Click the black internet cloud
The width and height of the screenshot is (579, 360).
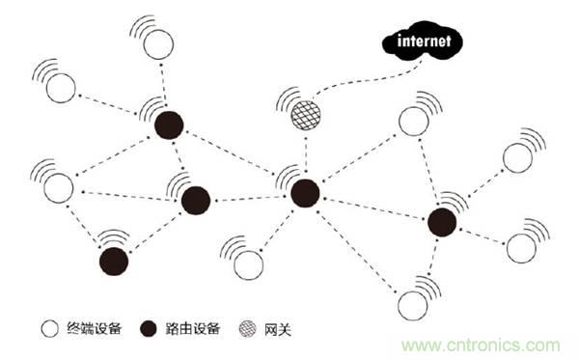pyautogui.click(x=422, y=41)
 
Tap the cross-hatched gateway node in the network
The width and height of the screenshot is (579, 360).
pyautogui.click(x=306, y=116)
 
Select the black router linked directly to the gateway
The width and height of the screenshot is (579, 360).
pyautogui.click(x=305, y=193)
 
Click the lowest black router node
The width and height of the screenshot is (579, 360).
pyautogui.click(x=114, y=262)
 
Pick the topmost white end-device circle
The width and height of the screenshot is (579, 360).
pyautogui.click(x=158, y=44)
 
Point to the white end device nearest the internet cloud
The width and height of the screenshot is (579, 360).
pyautogui.click(x=414, y=122)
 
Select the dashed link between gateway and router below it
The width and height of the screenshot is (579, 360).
pyautogui.click(x=306, y=154)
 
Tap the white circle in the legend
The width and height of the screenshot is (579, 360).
pyautogui.click(x=50, y=328)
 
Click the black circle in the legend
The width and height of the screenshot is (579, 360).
pyautogui.click(x=149, y=328)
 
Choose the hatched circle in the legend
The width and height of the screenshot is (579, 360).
pyautogui.click(x=247, y=328)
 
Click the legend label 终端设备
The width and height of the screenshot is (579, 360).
pyautogui.click(x=95, y=328)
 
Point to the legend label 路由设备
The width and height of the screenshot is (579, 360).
pyautogui.click(x=193, y=328)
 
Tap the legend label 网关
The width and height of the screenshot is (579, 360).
pyautogui.click(x=278, y=329)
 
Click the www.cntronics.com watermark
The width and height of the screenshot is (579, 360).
pyautogui.click(x=481, y=346)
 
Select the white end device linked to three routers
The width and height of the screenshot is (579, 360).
pyautogui.click(x=58, y=188)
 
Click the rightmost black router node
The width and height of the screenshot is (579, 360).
pyautogui.click(x=442, y=222)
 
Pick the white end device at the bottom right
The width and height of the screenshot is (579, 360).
pyautogui.click(x=413, y=306)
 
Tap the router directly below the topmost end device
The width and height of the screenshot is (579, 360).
pyautogui.click(x=169, y=125)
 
